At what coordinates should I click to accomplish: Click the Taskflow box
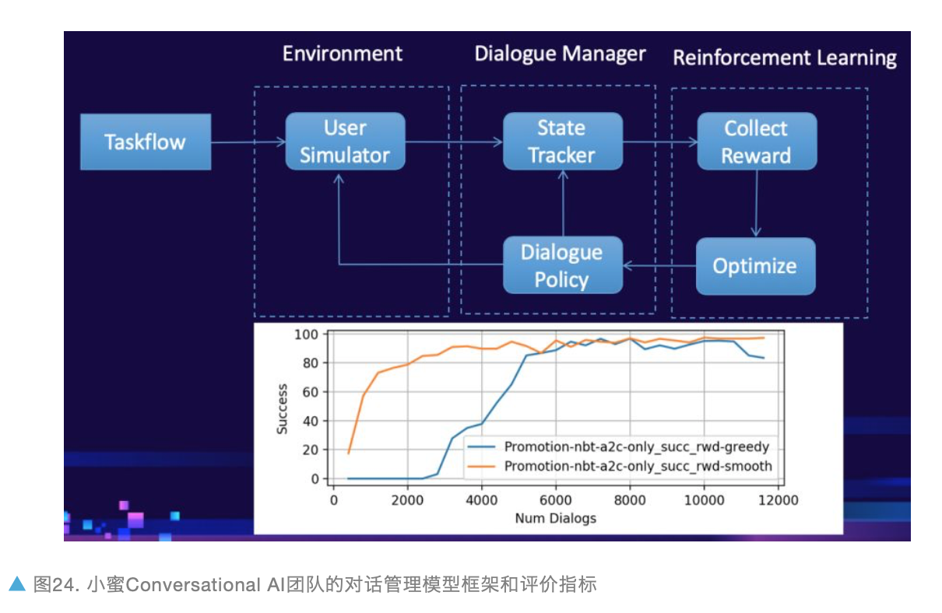tap(146, 142)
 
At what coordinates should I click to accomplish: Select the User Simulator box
tap(345, 142)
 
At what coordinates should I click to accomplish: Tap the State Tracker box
tap(562, 142)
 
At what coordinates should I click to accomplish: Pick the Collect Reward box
tap(756, 142)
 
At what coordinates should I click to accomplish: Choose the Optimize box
tap(755, 266)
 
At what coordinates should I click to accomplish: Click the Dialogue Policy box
tap(562, 265)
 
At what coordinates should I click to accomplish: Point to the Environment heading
tap(343, 54)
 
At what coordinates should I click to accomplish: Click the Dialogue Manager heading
tap(561, 54)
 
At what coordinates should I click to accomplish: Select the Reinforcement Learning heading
tap(785, 58)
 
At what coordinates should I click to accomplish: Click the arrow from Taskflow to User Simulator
tap(248, 142)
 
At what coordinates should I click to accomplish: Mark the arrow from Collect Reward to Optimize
tap(755, 203)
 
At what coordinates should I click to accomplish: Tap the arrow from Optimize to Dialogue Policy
tap(659, 266)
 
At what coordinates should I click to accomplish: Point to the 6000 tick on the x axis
tap(556, 500)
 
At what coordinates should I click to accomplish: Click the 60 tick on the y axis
tap(311, 392)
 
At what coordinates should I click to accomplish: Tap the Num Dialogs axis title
tap(555, 518)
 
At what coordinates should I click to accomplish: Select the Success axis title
tap(283, 408)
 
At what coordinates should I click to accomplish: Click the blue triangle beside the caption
tap(16, 583)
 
